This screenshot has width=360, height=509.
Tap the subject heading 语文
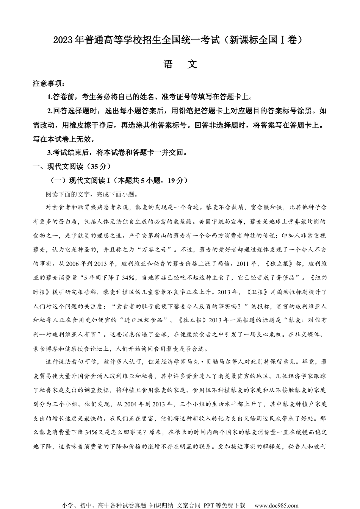(x=180, y=64)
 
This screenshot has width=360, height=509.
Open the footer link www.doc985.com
(x=276, y=505)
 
